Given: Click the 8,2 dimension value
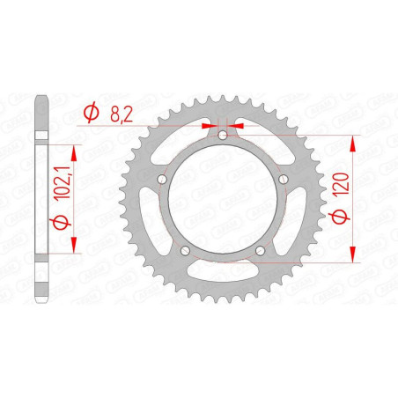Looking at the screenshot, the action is (122, 114).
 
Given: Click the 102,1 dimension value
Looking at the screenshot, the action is (63, 182).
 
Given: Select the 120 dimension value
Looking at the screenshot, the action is (342, 183).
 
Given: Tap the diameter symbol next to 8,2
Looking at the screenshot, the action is (91, 112).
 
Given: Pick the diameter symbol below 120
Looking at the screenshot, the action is (340, 217).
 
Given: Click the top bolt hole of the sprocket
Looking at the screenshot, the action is (223, 136).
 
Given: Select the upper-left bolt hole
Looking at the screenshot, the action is (162, 179).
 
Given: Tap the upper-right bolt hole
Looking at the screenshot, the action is (284, 179).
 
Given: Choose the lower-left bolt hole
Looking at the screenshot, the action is (185, 250).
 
